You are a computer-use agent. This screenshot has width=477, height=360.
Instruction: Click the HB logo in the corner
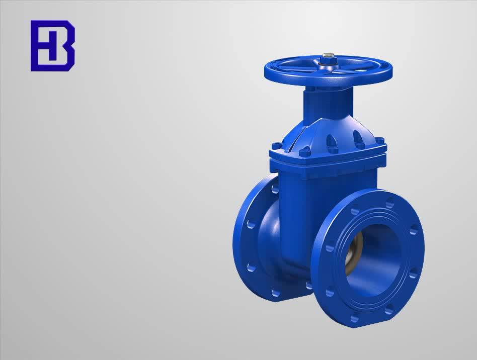[52, 45]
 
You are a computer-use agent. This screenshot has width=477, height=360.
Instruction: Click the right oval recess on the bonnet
[358, 137]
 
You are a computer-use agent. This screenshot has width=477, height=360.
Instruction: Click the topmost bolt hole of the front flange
[389, 203]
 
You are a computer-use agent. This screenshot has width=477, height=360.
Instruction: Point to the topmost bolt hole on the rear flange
[275, 190]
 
